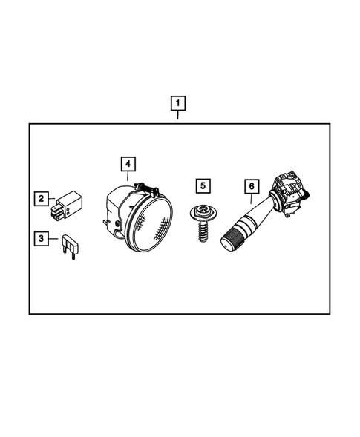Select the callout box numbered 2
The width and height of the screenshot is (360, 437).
(x=42, y=198)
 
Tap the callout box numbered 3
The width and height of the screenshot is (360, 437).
(x=42, y=239)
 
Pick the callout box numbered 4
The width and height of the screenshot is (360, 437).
(x=128, y=162)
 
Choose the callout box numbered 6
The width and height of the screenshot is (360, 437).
(x=251, y=186)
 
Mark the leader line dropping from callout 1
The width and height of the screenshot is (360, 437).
(x=178, y=114)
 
